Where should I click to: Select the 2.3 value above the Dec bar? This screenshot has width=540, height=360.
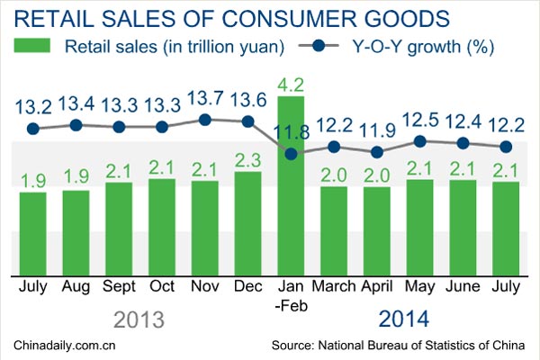point(247,161)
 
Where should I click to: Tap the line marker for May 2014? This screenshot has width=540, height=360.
point(419,140)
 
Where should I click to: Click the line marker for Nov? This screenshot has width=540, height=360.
point(204,119)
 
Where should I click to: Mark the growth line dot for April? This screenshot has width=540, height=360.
point(376,152)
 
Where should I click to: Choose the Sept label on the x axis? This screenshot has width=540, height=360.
point(119,286)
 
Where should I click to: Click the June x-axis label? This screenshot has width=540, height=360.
point(463,286)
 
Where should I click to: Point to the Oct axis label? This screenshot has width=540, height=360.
point(162,286)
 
